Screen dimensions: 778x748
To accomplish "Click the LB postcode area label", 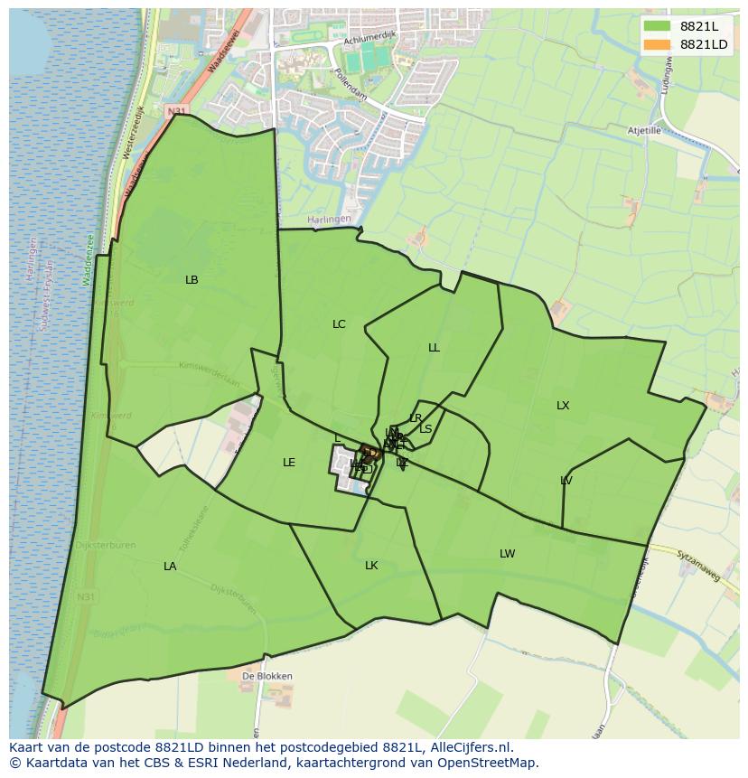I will click(192, 280).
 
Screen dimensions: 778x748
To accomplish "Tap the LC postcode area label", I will click(339, 324).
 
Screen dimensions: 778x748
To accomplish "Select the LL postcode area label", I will click(434, 348).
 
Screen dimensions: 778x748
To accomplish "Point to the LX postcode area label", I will click(563, 406).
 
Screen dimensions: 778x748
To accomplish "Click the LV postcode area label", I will click(566, 481).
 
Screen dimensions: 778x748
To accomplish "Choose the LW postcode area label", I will click(507, 554).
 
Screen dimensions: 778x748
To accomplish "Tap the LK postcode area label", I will click(371, 566).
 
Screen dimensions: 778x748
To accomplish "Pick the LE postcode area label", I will click(289, 463).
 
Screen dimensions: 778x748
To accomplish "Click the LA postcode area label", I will click(170, 567).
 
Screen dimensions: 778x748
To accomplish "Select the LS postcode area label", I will click(425, 429).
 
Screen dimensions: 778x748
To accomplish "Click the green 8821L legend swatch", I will click(657, 26).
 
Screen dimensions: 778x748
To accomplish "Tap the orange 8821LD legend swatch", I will click(657, 44).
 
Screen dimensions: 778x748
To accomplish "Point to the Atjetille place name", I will click(645, 131).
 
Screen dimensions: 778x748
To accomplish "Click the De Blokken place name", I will click(266, 676).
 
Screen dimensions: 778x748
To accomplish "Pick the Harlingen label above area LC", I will click(326, 219).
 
